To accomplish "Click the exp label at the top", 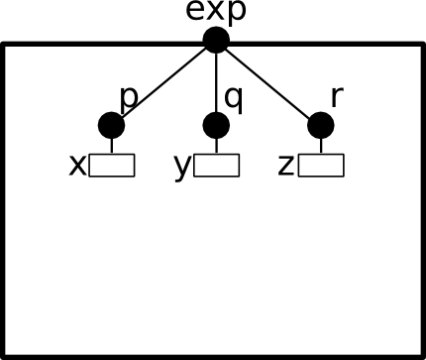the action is (x=216, y=11).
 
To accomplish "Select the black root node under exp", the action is (x=216, y=40).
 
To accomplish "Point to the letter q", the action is (x=234, y=98).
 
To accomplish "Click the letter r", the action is (x=337, y=97).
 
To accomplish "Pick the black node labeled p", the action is (x=112, y=125).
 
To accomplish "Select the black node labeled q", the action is (x=216, y=125).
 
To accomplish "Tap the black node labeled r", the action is (x=321, y=125).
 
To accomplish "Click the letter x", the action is (x=77, y=166).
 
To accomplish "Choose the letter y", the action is (x=182, y=168).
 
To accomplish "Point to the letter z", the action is (x=286, y=166).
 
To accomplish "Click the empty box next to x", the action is (x=112, y=166).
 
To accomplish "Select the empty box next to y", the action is (x=216, y=166).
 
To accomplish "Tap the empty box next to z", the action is (x=321, y=166).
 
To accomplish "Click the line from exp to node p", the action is (x=163, y=82).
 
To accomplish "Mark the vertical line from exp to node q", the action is (x=216, y=82).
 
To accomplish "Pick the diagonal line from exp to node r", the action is (x=268, y=82).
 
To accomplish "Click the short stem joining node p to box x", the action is (x=112, y=146).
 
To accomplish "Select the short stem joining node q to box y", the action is (x=216, y=146).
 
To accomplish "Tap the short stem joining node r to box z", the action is (x=321, y=146).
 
